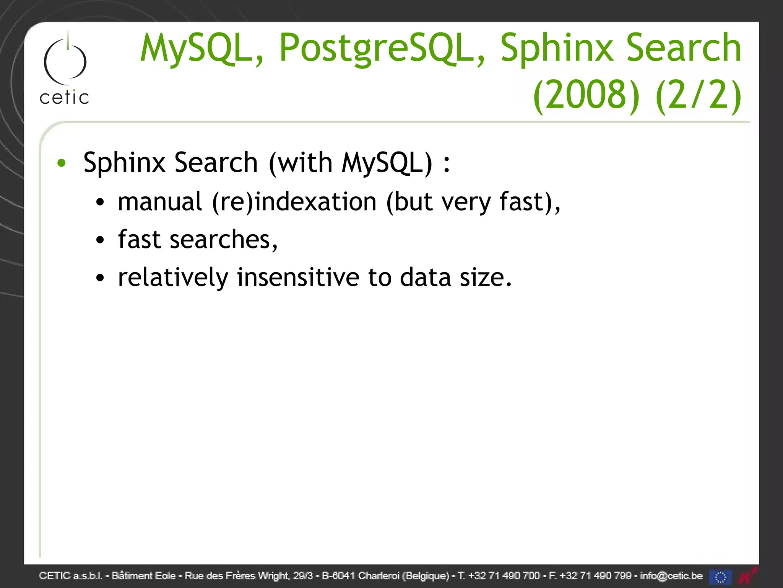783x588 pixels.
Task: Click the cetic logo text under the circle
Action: pyautogui.click(x=64, y=98)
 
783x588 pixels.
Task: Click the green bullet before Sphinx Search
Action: pyautogui.click(x=61, y=163)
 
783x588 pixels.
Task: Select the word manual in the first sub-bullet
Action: pyautogui.click(x=160, y=202)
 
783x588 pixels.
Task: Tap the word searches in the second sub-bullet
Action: pyautogui.click(x=223, y=240)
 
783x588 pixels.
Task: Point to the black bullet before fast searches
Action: pyautogui.click(x=100, y=240)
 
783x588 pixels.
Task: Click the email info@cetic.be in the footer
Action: pyautogui.click(x=671, y=576)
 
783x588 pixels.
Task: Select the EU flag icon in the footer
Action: pyautogui.click(x=720, y=577)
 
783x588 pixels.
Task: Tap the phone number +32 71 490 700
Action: pyautogui.click(x=504, y=576)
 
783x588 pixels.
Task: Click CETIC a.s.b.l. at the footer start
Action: pyautogui.click(x=71, y=576)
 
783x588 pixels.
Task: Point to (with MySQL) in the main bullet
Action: pyautogui.click(x=351, y=163)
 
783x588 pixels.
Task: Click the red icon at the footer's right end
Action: pyautogui.click(x=747, y=576)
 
